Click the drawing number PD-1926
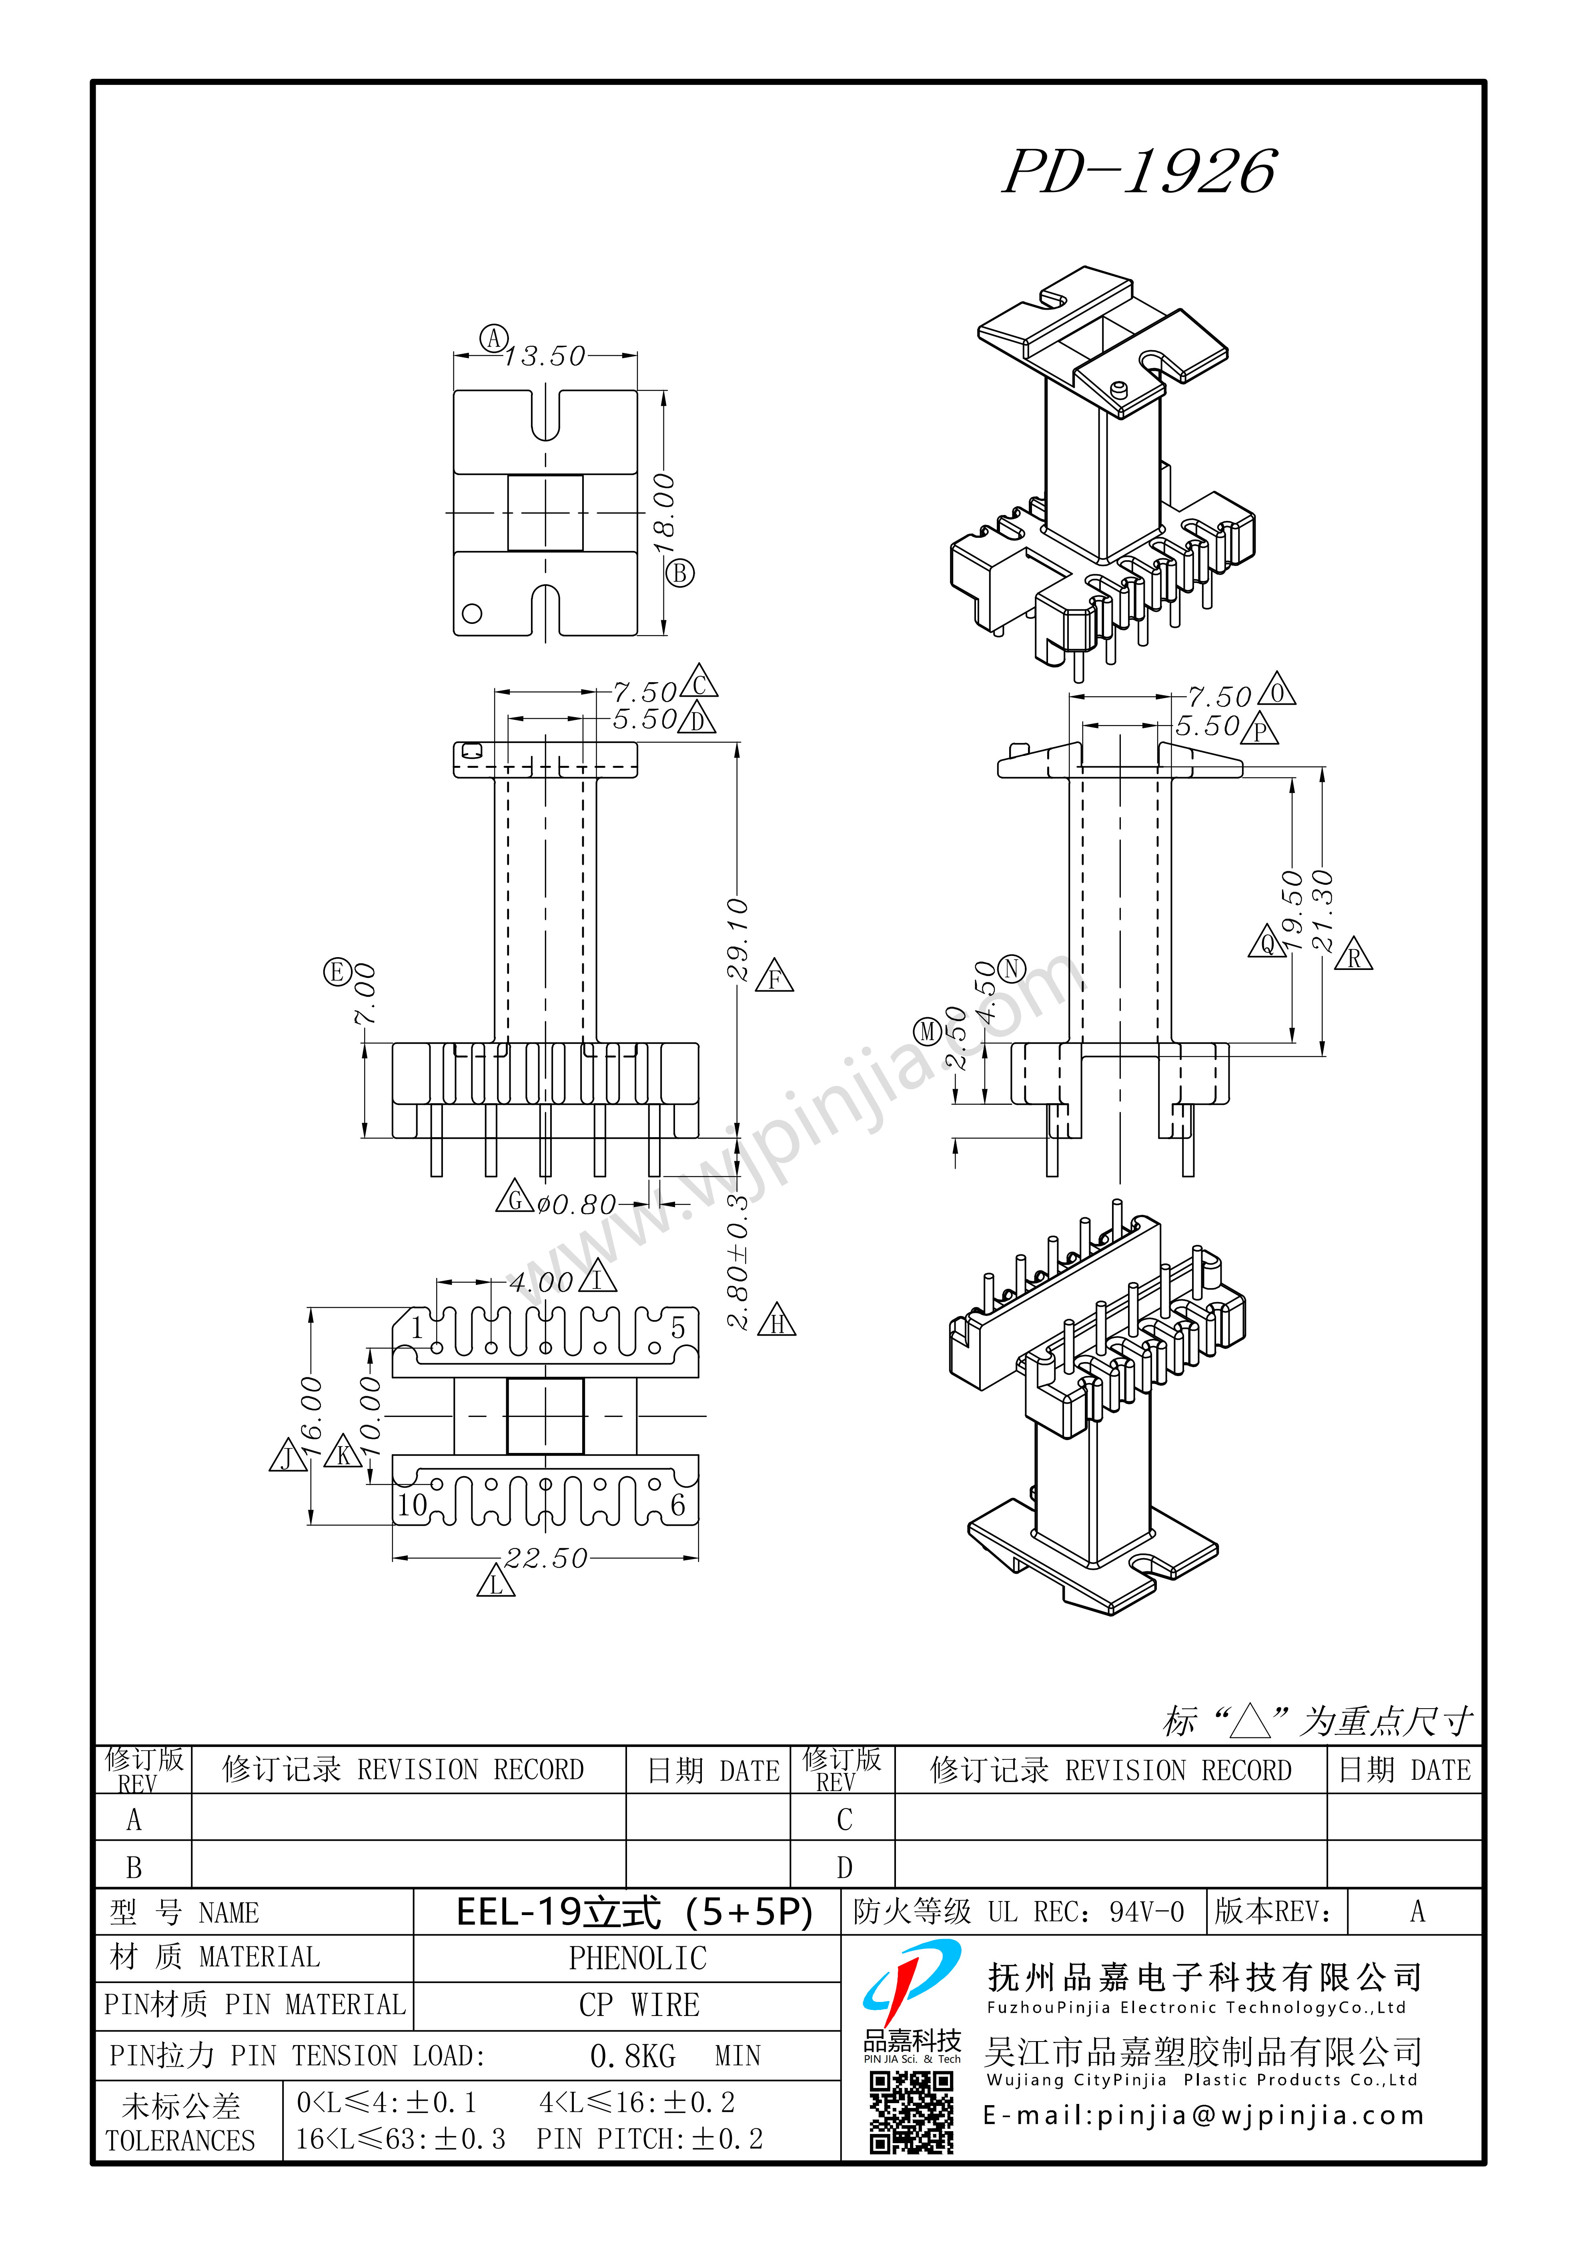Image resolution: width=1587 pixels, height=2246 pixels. click(x=1140, y=172)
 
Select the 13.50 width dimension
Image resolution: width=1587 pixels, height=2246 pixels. click(x=545, y=356)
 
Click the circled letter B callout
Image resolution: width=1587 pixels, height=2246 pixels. click(x=680, y=573)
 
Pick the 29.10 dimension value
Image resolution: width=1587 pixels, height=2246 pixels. click(x=738, y=939)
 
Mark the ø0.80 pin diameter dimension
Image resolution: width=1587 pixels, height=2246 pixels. click(x=577, y=1204)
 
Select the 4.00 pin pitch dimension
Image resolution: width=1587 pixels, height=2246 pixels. click(x=541, y=1282)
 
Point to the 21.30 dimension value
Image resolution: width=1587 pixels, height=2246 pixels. click(x=1322, y=910)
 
